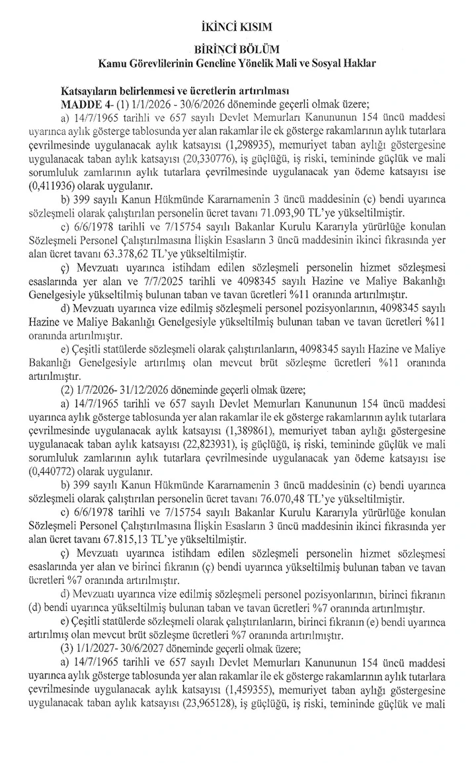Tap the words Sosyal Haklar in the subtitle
[346, 63]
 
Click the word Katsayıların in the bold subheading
[91, 92]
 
